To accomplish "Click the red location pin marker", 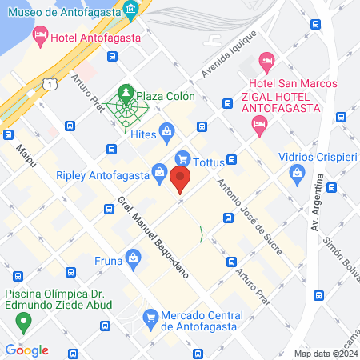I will pos(182,180).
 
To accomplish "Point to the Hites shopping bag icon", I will pos(167,130).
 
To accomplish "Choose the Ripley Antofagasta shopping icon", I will pos(160,173).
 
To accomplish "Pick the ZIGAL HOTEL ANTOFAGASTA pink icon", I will pos(258,122).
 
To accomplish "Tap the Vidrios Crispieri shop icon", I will pos(298,172).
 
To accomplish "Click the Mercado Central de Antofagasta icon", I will pos(150,318).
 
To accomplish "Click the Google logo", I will pos(26,350).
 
